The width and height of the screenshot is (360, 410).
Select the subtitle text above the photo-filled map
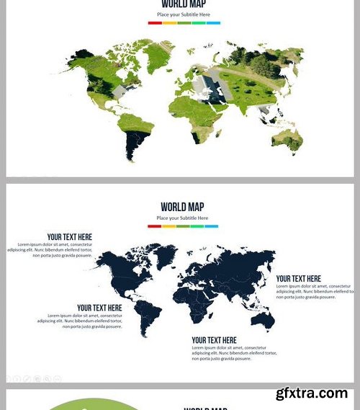pyautogui.click(x=184, y=14)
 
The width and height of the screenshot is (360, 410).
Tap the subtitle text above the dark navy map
pyautogui.click(x=183, y=218)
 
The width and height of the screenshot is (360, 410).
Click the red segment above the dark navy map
pyautogui.click(x=154, y=226)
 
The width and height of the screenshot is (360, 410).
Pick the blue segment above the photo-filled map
pyautogui.click(x=213, y=23)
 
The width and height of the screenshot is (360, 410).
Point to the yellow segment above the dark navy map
pyautogui.click(x=168, y=226)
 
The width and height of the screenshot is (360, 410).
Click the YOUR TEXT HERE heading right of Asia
pyautogui.click(x=299, y=279)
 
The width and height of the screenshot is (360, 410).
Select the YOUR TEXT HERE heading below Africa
pyautogui.click(x=214, y=340)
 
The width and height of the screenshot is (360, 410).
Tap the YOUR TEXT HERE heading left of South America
pyautogui.click(x=99, y=308)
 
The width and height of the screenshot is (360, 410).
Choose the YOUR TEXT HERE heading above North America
pyautogui.click(x=70, y=237)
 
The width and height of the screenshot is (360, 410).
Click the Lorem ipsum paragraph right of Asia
pyautogui.click(x=315, y=291)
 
